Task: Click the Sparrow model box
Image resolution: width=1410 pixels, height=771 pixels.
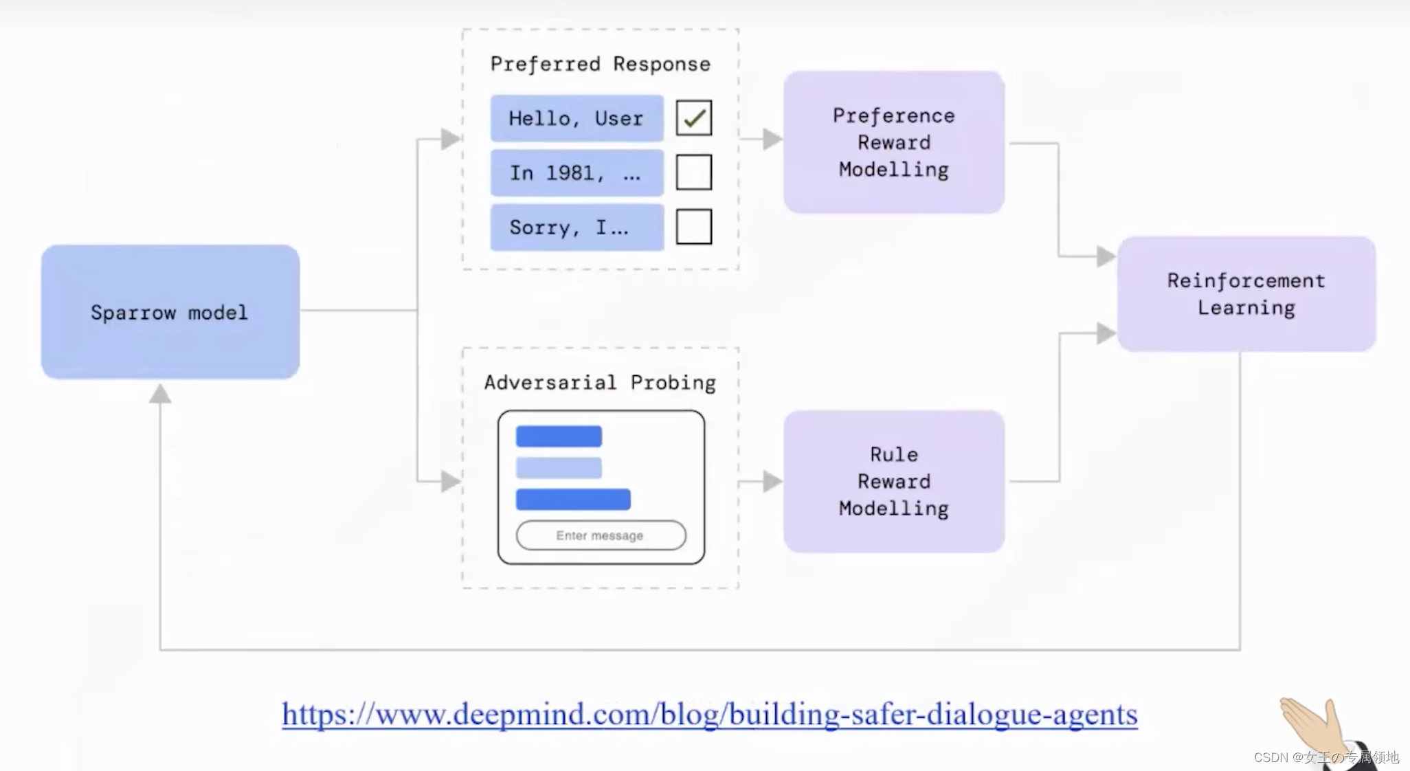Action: [x=170, y=312]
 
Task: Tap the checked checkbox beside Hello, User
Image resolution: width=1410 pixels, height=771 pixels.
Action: [x=693, y=118]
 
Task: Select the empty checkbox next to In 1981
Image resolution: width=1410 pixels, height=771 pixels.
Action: [x=693, y=172]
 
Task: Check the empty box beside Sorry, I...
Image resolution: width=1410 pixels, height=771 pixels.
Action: [x=693, y=227]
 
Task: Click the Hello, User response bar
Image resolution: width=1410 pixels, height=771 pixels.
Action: [x=577, y=118]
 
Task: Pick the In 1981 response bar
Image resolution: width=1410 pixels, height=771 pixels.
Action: [x=577, y=172]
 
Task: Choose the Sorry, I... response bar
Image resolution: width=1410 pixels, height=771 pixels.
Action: [x=577, y=227]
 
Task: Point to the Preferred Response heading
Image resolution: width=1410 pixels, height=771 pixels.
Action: [x=600, y=64]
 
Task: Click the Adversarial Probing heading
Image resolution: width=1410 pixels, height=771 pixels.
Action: [x=600, y=382]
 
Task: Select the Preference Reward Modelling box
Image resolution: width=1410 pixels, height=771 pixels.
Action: [x=893, y=142]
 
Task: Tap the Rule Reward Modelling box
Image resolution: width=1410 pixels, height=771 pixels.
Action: [x=893, y=481]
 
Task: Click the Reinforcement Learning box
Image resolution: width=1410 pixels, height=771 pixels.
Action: [x=1246, y=294]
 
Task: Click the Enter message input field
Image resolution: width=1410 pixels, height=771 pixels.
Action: [x=601, y=535]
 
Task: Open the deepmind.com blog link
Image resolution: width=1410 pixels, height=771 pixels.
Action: [x=709, y=714]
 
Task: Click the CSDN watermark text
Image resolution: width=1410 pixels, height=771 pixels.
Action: [x=1326, y=757]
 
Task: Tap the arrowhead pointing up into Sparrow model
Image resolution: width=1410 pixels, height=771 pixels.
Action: [x=160, y=394]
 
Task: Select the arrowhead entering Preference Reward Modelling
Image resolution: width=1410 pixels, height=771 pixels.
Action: [x=772, y=139]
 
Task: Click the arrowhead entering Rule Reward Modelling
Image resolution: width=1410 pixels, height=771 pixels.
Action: [x=772, y=481]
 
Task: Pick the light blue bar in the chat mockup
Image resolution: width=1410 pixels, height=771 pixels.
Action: [x=559, y=468]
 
